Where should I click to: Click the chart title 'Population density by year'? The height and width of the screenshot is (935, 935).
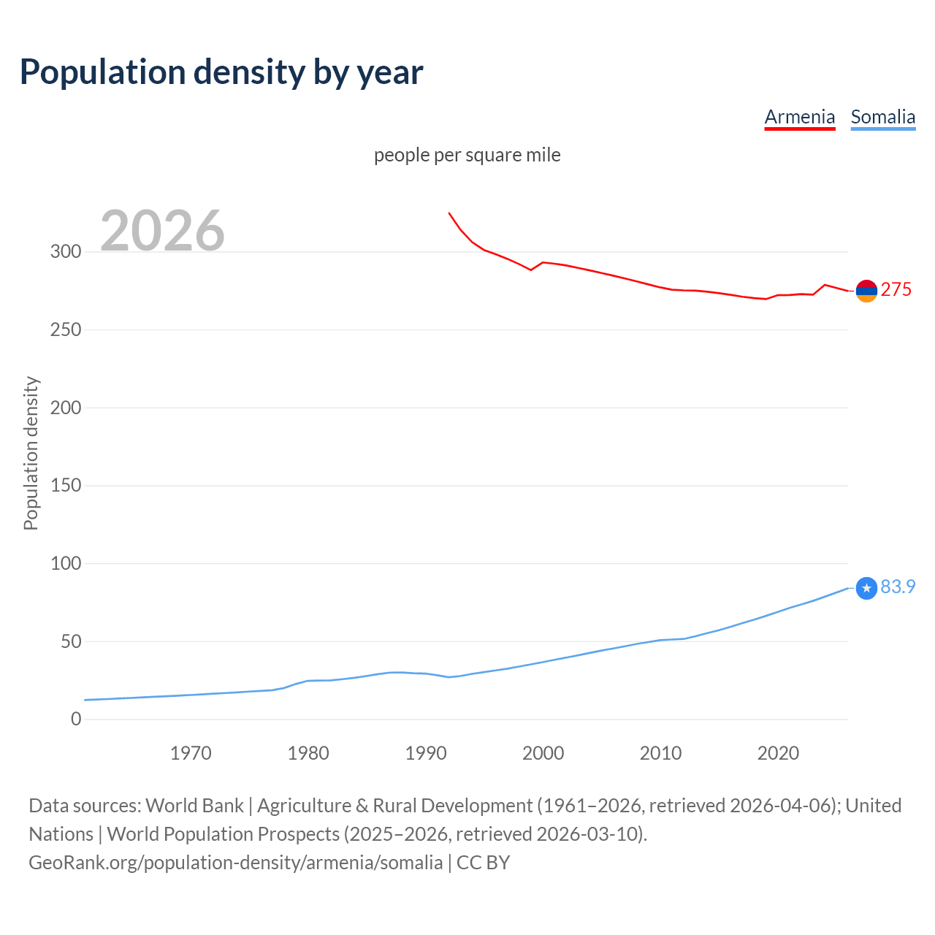tap(221, 72)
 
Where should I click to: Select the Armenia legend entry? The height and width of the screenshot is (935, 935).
tap(799, 117)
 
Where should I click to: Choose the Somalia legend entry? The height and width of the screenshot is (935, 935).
tap(882, 117)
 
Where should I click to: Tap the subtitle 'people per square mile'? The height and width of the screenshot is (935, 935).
tap(467, 155)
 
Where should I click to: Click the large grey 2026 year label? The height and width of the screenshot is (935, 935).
tap(162, 231)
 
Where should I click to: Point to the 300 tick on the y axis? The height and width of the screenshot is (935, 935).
tap(66, 252)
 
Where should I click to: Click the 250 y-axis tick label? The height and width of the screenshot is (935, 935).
tap(66, 330)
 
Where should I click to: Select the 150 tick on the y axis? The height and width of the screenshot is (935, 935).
tap(66, 486)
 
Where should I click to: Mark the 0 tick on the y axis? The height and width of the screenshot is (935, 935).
tap(76, 720)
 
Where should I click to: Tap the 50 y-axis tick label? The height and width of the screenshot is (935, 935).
tap(71, 642)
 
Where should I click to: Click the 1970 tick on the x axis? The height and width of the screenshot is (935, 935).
tap(191, 753)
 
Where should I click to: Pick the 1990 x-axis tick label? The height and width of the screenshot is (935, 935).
tap(426, 753)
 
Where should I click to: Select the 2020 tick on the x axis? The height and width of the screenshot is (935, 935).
tap(778, 753)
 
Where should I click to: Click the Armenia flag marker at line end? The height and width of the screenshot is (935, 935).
tap(866, 291)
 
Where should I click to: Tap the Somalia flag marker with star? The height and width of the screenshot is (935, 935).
tap(866, 588)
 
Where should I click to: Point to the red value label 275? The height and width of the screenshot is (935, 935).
tap(896, 290)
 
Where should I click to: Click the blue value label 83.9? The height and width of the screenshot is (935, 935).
tap(898, 587)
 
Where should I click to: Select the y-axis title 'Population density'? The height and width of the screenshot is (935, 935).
tap(31, 453)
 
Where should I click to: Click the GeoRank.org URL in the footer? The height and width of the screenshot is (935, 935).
tap(235, 863)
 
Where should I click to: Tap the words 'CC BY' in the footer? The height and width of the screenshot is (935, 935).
tap(483, 863)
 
